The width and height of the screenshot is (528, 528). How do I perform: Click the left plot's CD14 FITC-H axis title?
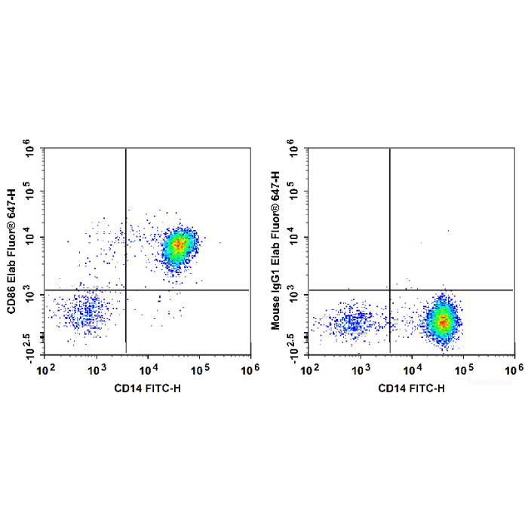pos(149,388)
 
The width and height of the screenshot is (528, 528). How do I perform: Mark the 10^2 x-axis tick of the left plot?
pos(47,368)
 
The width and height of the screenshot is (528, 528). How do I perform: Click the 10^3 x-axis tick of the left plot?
pos(97,368)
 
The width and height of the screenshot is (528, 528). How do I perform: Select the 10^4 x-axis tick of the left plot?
pos(148,368)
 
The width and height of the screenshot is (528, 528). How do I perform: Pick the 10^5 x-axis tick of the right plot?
pos(463,368)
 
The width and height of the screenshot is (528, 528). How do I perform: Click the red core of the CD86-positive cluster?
pos(179,244)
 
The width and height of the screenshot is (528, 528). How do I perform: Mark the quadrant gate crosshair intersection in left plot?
pos(125,290)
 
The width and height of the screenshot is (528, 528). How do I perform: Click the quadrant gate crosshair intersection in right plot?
pos(389,290)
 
